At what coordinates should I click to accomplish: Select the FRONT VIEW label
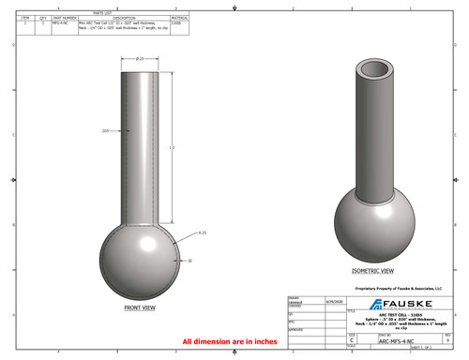coord(143,307)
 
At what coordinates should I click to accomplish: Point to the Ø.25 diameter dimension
coord(141,59)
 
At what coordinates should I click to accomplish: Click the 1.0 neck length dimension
coord(171,147)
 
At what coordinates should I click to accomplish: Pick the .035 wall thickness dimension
coord(105,130)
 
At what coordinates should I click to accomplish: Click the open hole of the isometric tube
coord(372,70)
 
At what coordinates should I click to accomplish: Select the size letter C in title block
coord(352,342)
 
